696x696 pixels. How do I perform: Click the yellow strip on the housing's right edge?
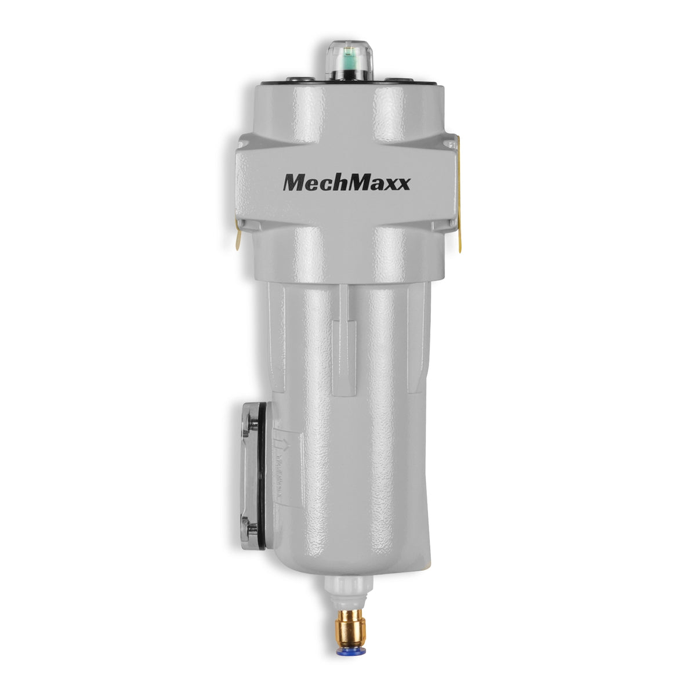[458, 191]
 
